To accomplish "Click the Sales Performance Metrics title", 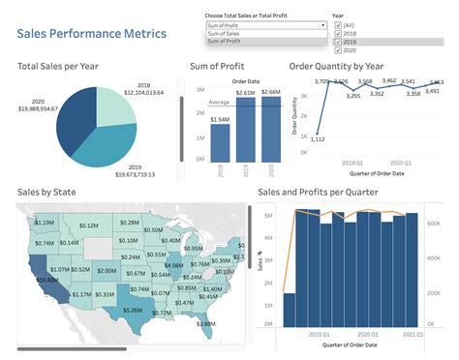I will (92, 34).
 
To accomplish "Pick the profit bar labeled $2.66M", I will (270, 131).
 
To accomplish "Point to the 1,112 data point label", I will (318, 139).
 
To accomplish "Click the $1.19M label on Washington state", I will (44, 223).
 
